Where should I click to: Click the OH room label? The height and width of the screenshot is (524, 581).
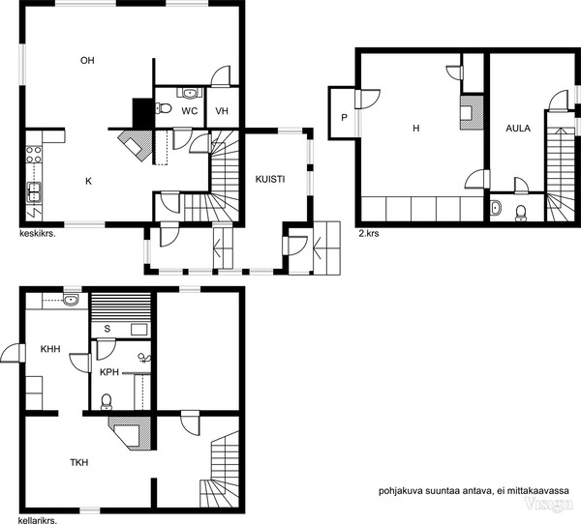click(87, 60)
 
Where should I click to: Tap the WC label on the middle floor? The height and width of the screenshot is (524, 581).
click(190, 111)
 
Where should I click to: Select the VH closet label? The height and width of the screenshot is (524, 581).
click(222, 111)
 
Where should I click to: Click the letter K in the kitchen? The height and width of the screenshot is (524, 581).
click(88, 181)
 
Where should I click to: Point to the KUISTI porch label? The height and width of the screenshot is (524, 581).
click(270, 180)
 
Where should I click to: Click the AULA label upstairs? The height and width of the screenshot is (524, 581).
click(518, 129)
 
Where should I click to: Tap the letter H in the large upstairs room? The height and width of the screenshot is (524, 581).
click(416, 129)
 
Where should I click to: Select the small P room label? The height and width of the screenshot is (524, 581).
click(344, 118)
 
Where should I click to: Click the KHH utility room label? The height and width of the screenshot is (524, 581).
click(50, 349)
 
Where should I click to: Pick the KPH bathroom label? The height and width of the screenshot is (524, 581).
click(109, 372)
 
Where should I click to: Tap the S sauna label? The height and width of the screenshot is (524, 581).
click(107, 329)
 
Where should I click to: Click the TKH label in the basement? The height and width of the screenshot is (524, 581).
click(79, 462)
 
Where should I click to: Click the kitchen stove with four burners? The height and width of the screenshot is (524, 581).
click(34, 155)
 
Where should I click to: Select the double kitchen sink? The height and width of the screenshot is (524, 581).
click(34, 192)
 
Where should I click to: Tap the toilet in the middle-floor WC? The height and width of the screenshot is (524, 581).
click(163, 108)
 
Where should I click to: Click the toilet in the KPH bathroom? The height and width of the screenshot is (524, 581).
click(107, 402)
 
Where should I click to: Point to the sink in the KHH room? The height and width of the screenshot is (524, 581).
click(71, 300)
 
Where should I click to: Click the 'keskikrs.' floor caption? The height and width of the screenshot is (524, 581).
click(37, 234)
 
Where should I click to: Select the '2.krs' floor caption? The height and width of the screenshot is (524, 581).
click(369, 234)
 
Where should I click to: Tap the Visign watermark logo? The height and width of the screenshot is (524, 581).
click(548, 504)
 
